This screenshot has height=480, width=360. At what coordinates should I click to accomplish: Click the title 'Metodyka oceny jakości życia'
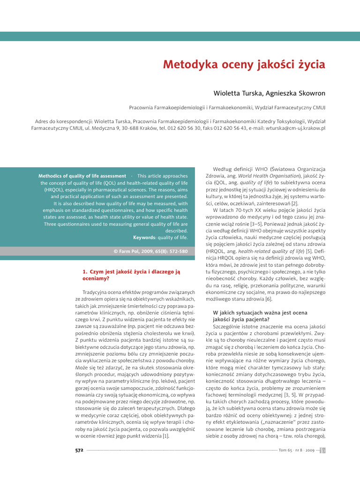pos(244,64)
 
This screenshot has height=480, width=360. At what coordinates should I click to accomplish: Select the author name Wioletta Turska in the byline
pos(238,94)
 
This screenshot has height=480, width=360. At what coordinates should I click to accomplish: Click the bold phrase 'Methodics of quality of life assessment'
pos(82,176)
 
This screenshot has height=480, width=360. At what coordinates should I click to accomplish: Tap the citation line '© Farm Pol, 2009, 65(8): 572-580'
pos(150,251)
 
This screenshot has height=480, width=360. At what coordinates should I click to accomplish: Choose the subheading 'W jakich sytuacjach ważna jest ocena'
pos(260,312)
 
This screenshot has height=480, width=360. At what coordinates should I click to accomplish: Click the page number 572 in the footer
pos(79,450)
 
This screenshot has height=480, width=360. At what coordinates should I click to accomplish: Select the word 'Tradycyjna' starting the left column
pos(91,292)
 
